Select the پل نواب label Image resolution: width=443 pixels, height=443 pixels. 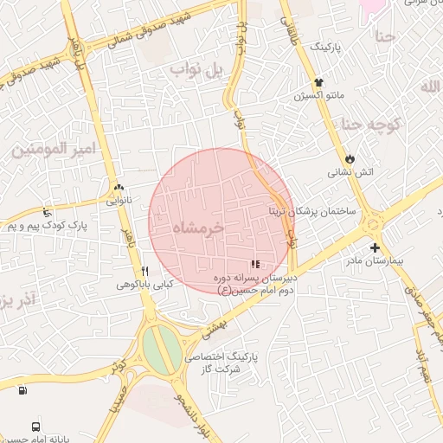click(196, 69)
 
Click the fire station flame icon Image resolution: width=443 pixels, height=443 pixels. click(349, 160)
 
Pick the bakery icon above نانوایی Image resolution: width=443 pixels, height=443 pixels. click(119, 187)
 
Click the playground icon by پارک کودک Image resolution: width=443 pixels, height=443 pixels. click(47, 212)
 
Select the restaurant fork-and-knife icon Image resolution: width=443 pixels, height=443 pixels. click(144, 270)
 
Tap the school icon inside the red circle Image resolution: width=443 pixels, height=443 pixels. click(254, 264)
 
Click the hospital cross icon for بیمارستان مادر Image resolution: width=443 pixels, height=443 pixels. click(374, 247)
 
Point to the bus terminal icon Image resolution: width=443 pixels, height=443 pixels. click(35, 426)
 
